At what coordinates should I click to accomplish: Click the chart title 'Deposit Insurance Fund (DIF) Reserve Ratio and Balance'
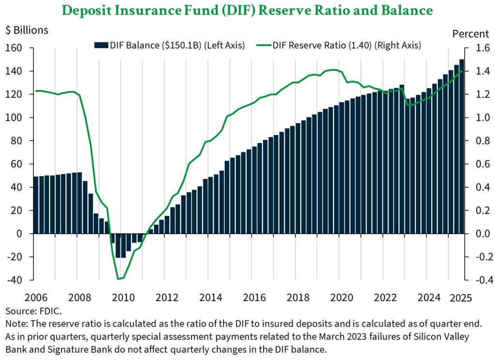(x=247, y=10)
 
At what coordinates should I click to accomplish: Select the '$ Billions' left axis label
(x=27, y=30)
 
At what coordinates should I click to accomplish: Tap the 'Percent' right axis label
(x=470, y=34)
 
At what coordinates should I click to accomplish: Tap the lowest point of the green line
(x=119, y=279)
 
